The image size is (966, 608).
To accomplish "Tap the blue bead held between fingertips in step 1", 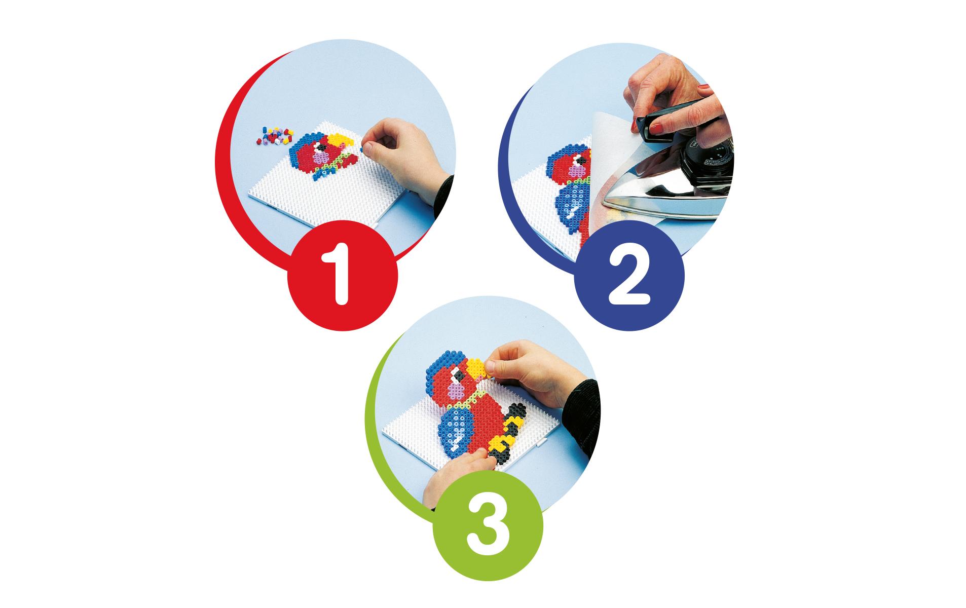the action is [x=360, y=150].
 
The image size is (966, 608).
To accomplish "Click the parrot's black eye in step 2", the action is [x=576, y=163].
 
